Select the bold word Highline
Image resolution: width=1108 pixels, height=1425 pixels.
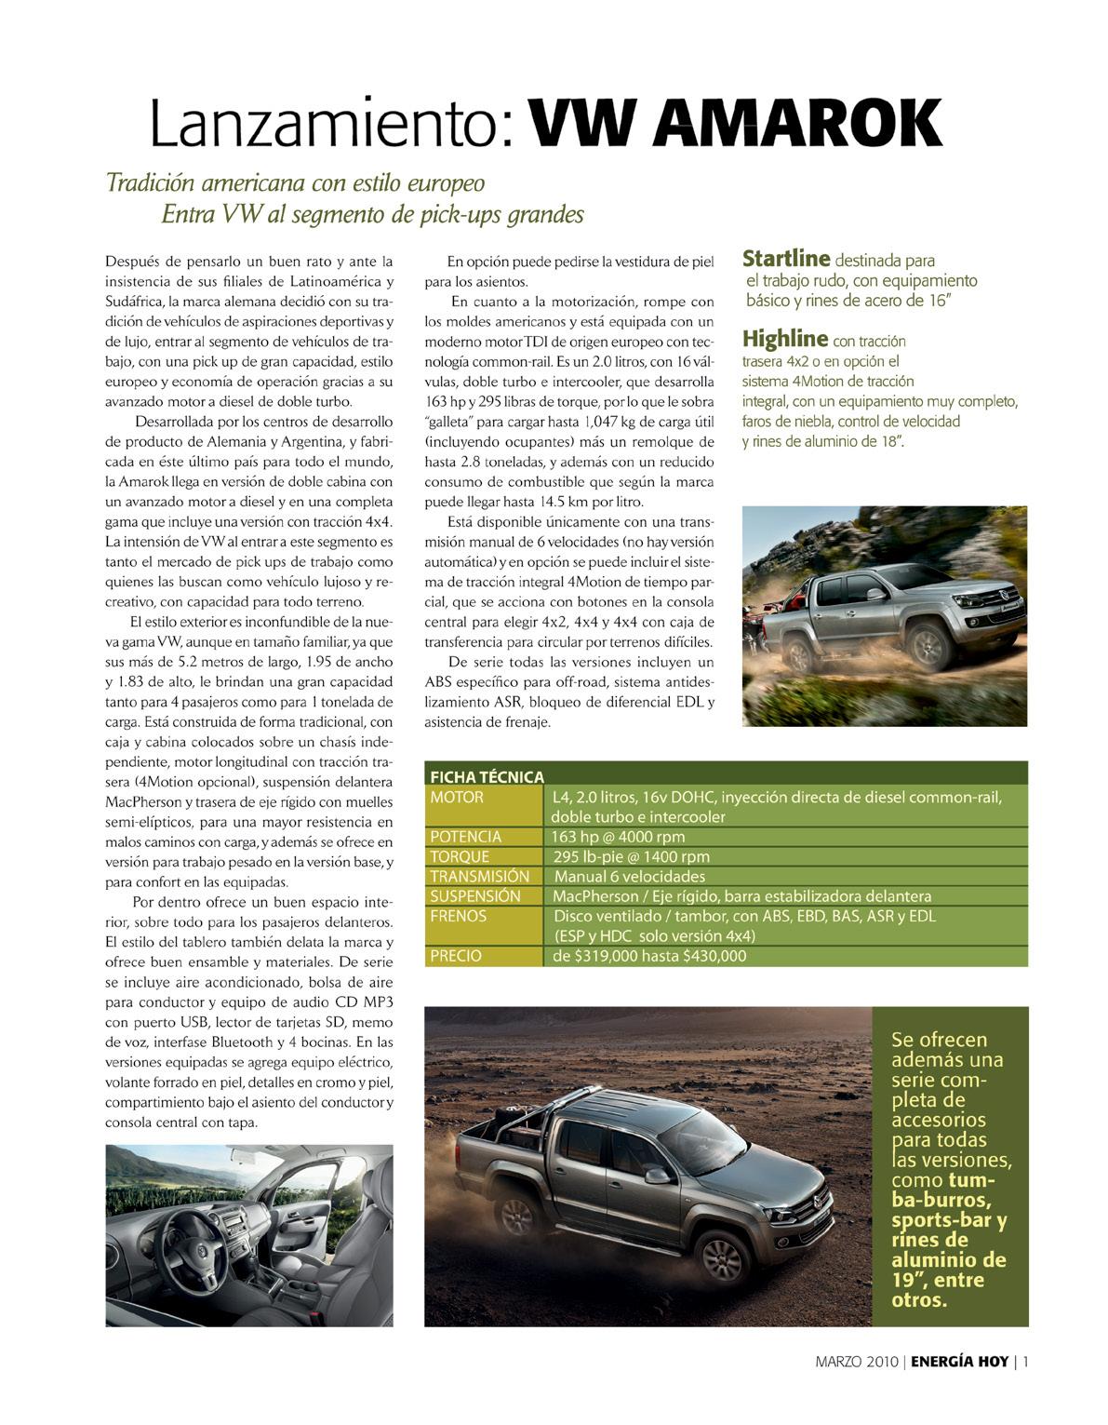click(784, 339)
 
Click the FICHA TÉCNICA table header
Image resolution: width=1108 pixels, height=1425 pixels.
click(487, 777)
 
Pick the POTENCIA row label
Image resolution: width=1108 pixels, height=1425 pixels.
click(466, 837)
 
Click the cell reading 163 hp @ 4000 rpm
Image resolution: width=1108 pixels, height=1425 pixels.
click(618, 837)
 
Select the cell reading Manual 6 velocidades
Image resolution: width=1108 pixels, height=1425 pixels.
click(629, 876)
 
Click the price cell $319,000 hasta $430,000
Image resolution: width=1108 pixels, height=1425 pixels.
click(649, 956)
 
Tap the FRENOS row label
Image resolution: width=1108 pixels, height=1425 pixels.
click(459, 916)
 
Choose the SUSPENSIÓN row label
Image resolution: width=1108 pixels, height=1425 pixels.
click(475, 895)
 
